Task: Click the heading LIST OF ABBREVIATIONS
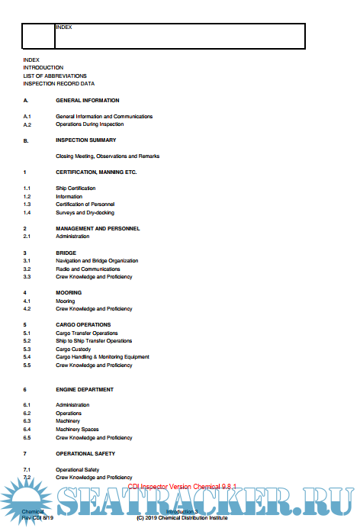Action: coord(55,76)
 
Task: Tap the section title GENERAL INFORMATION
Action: coord(87,101)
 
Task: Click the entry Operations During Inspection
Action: coord(89,124)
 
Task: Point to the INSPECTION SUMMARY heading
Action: coord(86,140)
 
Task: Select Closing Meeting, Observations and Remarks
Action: coord(108,156)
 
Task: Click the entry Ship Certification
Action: coord(76,188)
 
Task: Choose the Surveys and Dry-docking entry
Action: coord(85,213)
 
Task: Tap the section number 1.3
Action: coord(27,204)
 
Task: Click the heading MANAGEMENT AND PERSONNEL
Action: coord(98,229)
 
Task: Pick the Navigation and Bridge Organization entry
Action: coord(97,261)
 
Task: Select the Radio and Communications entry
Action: coord(88,269)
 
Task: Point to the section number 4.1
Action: coord(27,301)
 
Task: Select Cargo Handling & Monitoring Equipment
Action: coord(102,357)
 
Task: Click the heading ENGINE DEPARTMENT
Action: coord(85,389)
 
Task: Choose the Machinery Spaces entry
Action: coord(77,430)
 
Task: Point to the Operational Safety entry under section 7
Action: coord(77,469)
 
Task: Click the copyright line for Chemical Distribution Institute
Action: coord(182,517)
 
